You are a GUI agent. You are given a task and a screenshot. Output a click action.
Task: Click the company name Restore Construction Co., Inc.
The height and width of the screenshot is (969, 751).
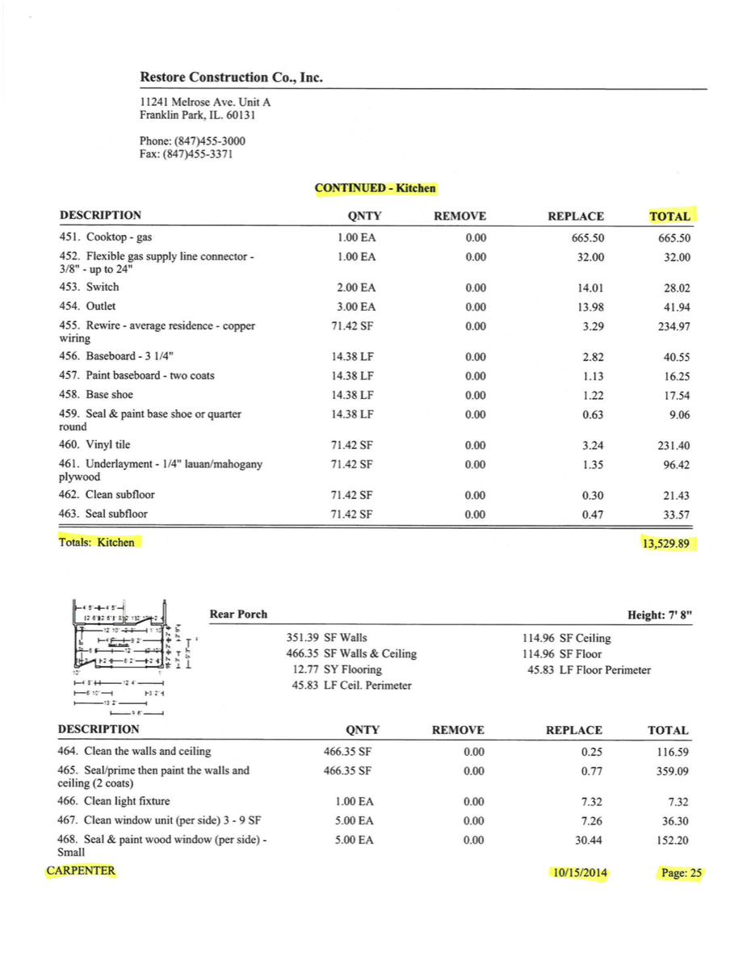click(231, 78)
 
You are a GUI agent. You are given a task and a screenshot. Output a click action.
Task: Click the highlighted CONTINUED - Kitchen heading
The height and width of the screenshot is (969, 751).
click(375, 188)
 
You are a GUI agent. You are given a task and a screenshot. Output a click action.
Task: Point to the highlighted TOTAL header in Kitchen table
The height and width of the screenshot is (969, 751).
click(669, 216)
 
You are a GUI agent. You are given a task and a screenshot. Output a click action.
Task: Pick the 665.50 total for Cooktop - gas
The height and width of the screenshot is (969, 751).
click(674, 238)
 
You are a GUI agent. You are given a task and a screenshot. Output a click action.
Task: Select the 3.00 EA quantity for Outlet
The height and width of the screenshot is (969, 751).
click(356, 307)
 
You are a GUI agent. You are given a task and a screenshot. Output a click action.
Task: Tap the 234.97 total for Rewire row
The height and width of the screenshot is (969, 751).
click(673, 326)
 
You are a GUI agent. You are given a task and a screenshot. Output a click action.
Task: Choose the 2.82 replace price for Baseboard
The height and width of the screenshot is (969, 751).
click(593, 357)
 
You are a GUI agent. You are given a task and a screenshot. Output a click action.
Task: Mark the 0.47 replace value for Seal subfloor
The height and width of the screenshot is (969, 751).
click(593, 514)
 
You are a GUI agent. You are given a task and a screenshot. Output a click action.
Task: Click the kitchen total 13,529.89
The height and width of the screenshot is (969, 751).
click(665, 543)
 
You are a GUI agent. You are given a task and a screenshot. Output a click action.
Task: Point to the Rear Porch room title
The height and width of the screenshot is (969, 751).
click(238, 615)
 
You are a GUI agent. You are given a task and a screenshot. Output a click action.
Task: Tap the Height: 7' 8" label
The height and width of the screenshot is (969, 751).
click(660, 615)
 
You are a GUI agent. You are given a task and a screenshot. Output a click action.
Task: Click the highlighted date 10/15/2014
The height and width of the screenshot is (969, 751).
click(579, 873)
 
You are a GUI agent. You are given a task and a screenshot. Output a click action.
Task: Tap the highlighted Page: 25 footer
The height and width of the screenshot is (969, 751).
click(681, 873)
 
